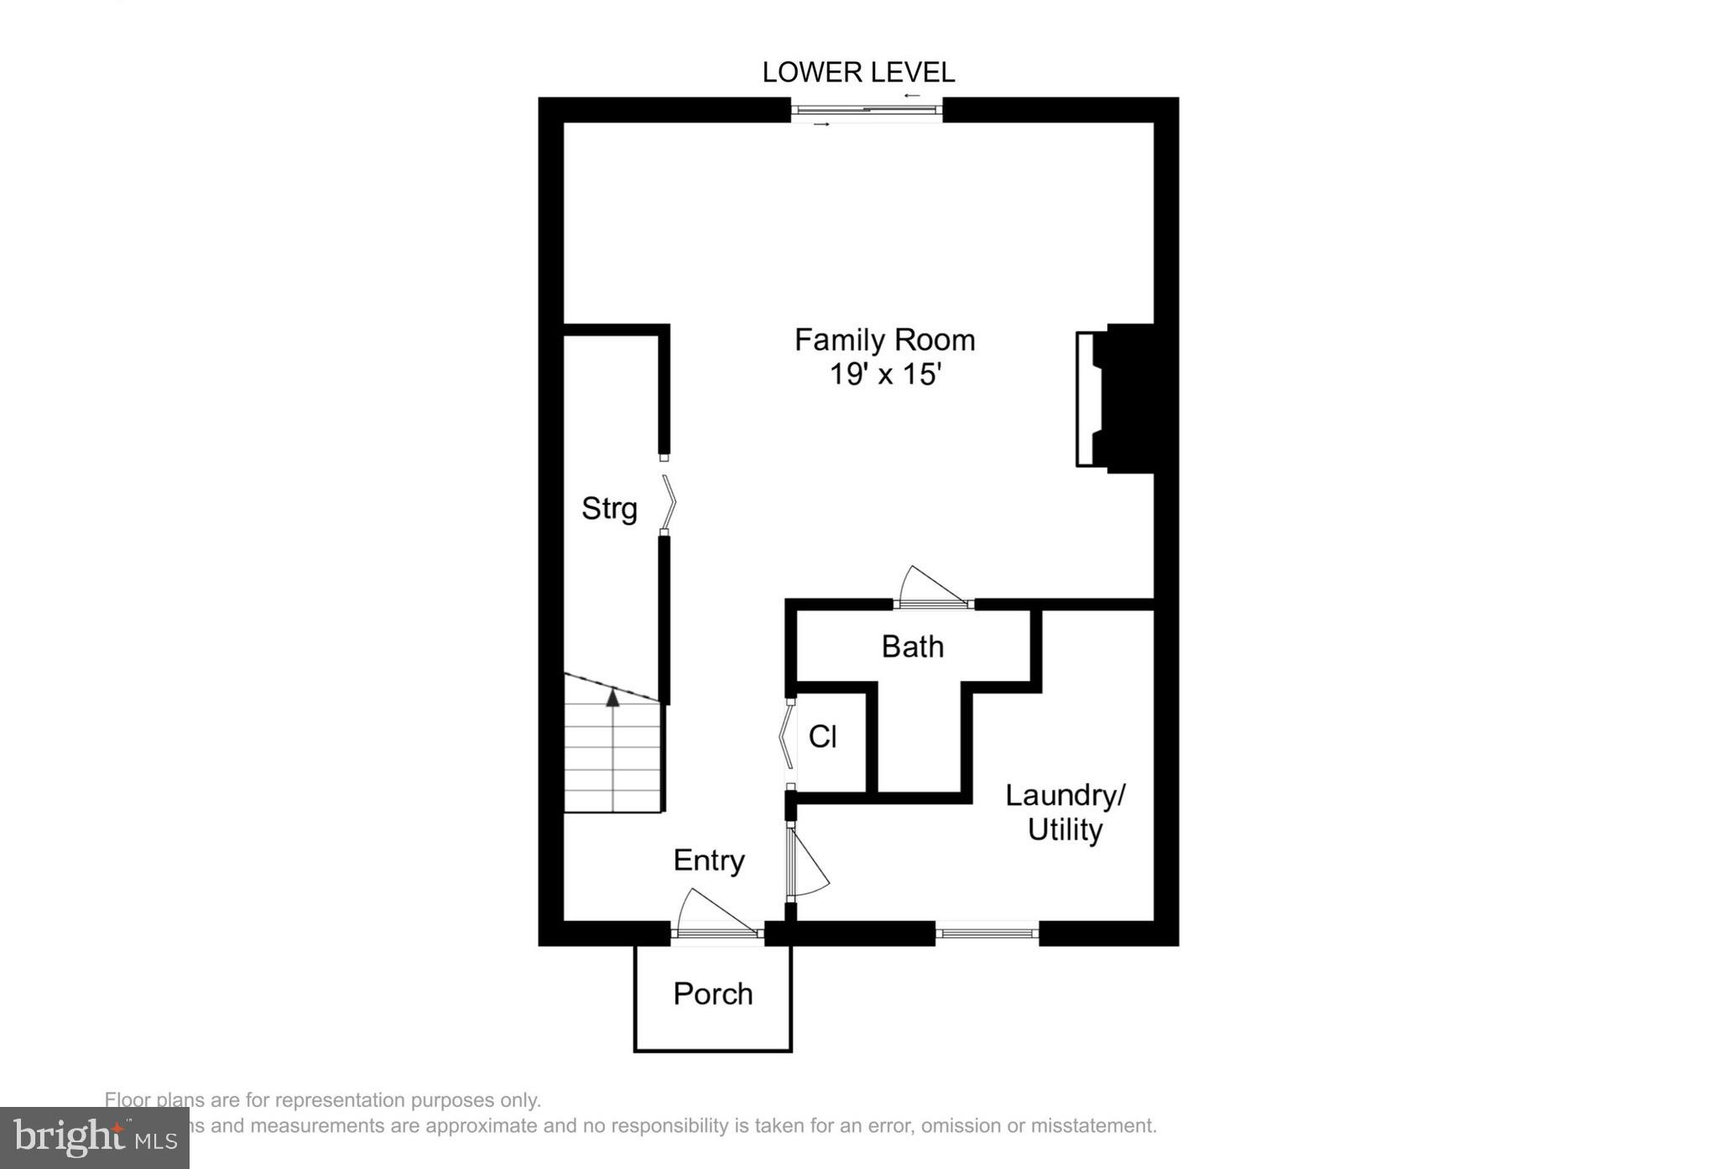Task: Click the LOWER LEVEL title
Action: [x=858, y=73]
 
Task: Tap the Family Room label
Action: [x=884, y=340]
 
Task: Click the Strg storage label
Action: [x=609, y=509]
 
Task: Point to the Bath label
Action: [x=913, y=647]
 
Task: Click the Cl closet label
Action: [x=822, y=737]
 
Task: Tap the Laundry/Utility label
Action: [x=1065, y=813]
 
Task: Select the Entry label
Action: [x=709, y=860]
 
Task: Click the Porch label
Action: [x=713, y=994]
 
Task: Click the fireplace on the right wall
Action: [x=1116, y=398]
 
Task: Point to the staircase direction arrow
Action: [x=613, y=696]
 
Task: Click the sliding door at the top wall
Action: [x=867, y=110]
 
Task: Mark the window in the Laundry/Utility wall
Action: [x=987, y=933]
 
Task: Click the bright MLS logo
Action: [x=94, y=1138]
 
